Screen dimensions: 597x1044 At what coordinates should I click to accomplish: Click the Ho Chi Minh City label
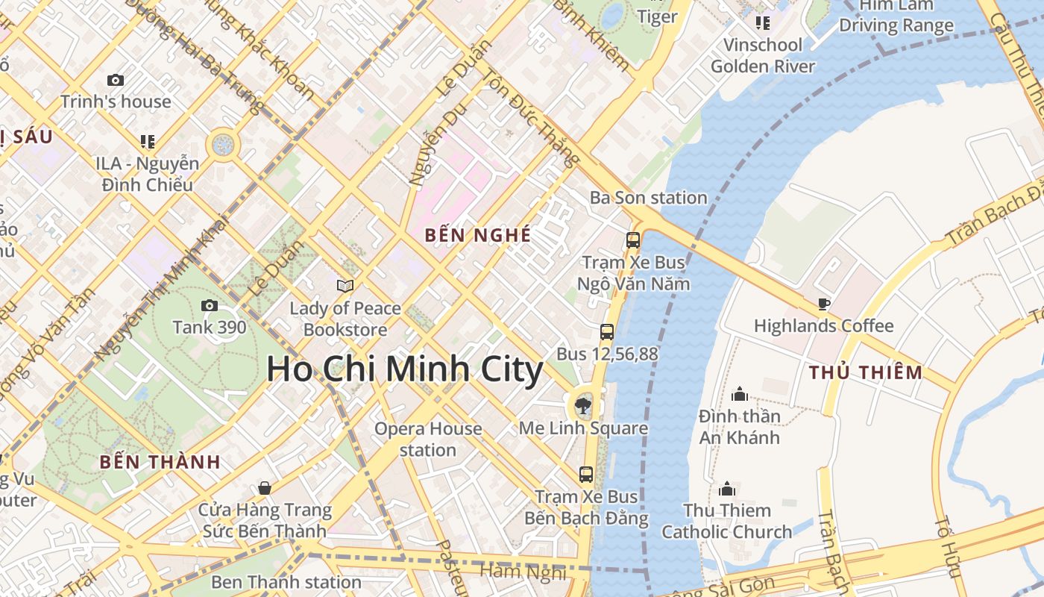pyautogui.click(x=405, y=370)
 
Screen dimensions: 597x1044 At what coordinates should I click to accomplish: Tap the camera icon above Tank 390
pyautogui.click(x=210, y=305)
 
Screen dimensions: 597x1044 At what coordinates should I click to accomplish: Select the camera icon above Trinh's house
pyautogui.click(x=116, y=80)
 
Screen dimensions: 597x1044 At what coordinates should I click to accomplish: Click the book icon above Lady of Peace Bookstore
pyautogui.click(x=345, y=286)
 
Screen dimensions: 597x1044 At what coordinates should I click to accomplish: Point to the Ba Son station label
pyautogui.click(x=648, y=198)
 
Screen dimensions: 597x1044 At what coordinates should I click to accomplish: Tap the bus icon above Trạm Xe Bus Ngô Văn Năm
pyautogui.click(x=633, y=240)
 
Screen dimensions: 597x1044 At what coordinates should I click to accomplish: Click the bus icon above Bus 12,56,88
pyautogui.click(x=607, y=332)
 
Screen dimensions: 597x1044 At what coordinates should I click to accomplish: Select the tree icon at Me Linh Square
pyautogui.click(x=583, y=406)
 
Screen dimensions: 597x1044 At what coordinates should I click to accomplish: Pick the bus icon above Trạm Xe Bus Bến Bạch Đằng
pyautogui.click(x=586, y=474)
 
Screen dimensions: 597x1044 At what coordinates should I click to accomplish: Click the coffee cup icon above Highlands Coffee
pyautogui.click(x=823, y=304)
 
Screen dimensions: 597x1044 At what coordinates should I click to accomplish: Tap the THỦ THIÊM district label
pyautogui.click(x=866, y=372)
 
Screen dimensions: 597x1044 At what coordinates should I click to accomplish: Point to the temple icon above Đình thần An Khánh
pyautogui.click(x=740, y=393)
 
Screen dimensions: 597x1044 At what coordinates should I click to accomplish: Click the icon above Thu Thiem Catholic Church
pyautogui.click(x=727, y=489)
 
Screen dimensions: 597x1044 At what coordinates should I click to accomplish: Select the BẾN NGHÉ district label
pyautogui.click(x=478, y=235)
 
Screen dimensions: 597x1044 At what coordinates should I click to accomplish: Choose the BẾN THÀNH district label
pyautogui.click(x=160, y=462)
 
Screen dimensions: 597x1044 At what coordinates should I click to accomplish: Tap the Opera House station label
pyautogui.click(x=428, y=440)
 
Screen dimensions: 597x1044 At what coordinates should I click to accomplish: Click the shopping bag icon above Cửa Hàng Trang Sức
pyautogui.click(x=264, y=488)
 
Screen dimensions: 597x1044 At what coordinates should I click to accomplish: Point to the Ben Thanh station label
pyautogui.click(x=286, y=581)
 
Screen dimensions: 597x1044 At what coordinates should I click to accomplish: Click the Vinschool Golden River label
pyautogui.click(x=763, y=55)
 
